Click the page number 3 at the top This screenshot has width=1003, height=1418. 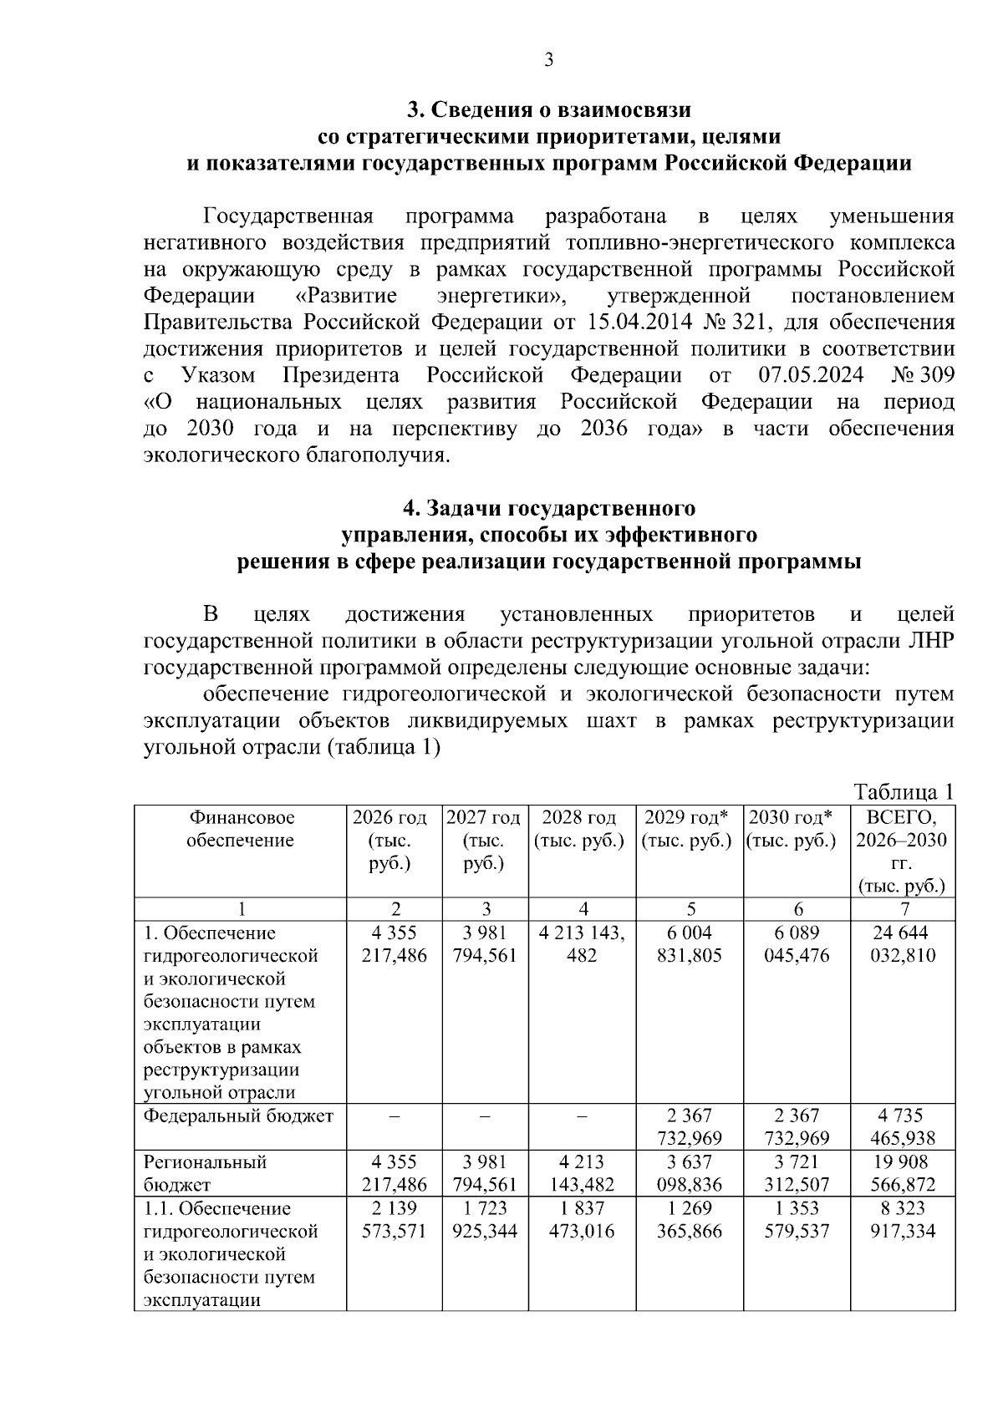click(548, 60)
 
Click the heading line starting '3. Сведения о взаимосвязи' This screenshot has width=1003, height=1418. click(548, 109)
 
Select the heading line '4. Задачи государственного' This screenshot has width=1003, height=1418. click(548, 508)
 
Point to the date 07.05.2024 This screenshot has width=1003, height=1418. click(811, 375)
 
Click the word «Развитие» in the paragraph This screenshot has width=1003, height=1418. click(347, 296)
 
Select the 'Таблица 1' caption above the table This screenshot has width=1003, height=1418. click(903, 791)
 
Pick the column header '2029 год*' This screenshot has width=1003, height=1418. click(687, 817)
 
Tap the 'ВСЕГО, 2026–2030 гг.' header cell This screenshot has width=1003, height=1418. click(902, 851)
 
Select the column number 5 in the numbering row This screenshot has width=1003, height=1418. click(690, 909)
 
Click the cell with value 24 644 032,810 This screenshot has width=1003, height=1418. click(902, 944)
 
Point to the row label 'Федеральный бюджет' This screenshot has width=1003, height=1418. click(238, 1116)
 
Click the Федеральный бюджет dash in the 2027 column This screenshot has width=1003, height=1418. click(485, 1116)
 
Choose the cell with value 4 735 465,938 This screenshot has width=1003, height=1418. click(902, 1126)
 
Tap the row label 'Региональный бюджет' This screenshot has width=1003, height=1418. click(205, 1172)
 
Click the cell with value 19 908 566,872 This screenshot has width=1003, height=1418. click(902, 1172)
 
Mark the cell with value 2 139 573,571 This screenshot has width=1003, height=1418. click(394, 1219)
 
